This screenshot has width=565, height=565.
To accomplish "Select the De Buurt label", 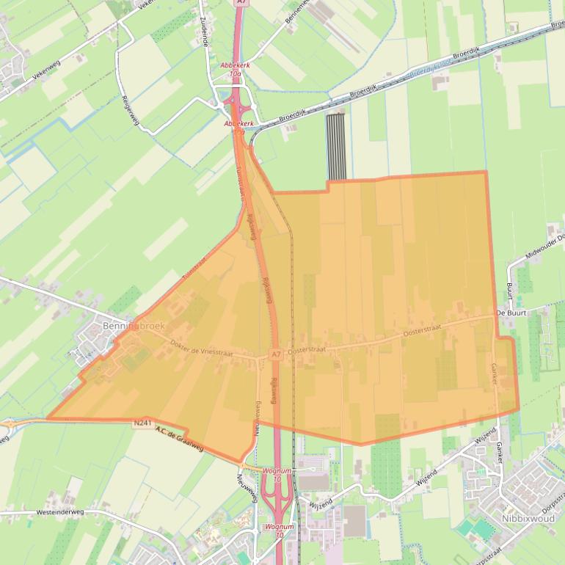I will pos(511,313).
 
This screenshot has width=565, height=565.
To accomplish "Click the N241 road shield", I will pos(143,423).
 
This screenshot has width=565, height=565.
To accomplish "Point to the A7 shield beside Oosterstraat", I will pos(276,354).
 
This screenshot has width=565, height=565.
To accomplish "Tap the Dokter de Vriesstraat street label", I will pos(200,348).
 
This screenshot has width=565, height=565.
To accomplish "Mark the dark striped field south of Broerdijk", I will pos(335,146).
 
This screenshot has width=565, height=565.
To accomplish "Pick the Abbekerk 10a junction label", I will pos(235,70).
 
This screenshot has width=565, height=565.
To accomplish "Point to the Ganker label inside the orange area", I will pos(494,371).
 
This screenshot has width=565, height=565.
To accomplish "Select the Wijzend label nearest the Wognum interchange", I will pos(321,503).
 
